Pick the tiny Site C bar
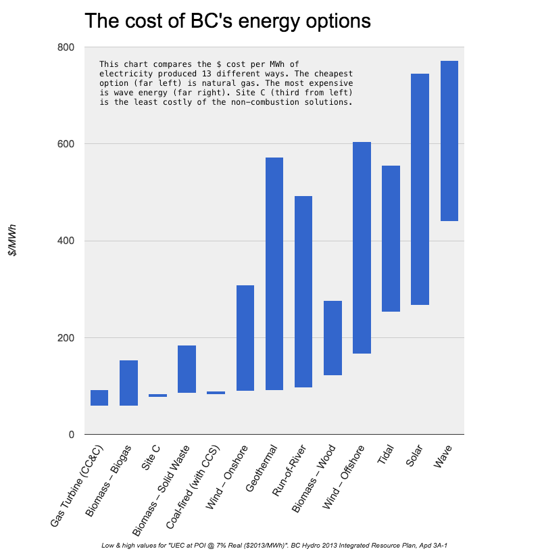[x=157, y=396]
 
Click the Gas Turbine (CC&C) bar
[x=99, y=398]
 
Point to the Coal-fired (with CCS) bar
[x=216, y=393]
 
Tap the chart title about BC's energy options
[x=227, y=21]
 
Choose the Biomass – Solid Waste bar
[x=187, y=369]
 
